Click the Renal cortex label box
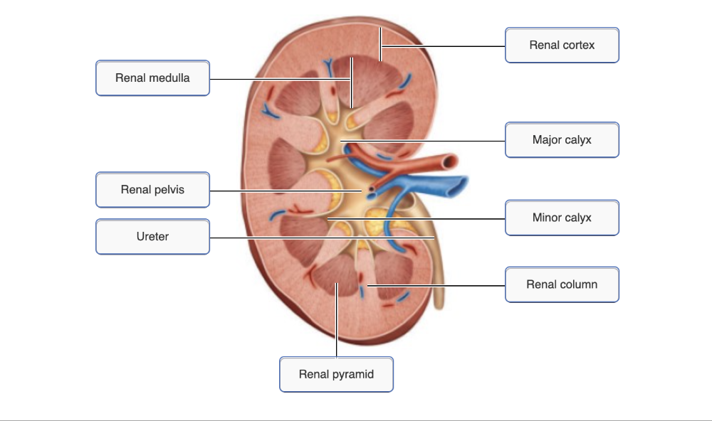(562, 45)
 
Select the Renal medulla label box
(152, 78)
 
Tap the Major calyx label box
(562, 139)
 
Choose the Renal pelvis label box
(152, 189)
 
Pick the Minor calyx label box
(562, 218)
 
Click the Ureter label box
(152, 236)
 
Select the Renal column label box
(562, 284)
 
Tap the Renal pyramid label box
(336, 374)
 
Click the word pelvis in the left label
(168, 189)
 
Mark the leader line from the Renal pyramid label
(336, 327)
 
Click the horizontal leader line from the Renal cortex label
(441, 46)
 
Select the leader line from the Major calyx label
(427, 141)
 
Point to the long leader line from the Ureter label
(320, 238)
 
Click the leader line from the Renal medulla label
(278, 78)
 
